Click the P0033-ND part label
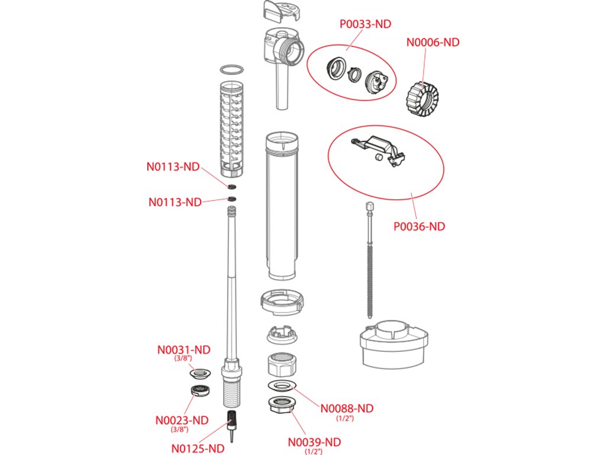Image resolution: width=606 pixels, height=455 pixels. (x=365, y=24)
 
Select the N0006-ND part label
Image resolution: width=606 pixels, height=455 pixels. (x=433, y=42)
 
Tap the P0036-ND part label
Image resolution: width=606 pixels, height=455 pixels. (x=420, y=226)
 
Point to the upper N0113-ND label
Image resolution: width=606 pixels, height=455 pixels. (x=173, y=166)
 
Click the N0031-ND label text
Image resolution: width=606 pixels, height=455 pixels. (x=183, y=350)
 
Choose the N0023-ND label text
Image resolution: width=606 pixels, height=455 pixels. (x=182, y=420)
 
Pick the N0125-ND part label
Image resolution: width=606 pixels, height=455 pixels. (x=198, y=448)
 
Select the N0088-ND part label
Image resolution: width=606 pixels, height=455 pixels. (x=347, y=409)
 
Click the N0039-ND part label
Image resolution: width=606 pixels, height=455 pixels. (x=315, y=442)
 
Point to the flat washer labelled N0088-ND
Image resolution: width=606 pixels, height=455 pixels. (x=282, y=385)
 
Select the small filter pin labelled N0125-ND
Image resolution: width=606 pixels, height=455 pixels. (x=232, y=426)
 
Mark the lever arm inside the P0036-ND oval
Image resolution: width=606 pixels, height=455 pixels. (x=379, y=150)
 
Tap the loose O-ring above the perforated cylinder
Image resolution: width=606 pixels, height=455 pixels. (x=232, y=70)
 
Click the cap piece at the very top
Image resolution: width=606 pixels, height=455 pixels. (x=281, y=11)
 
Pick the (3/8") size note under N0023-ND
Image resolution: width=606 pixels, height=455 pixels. (x=180, y=429)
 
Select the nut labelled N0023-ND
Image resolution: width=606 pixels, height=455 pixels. (x=200, y=390)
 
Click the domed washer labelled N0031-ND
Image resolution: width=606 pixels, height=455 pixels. (x=200, y=373)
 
